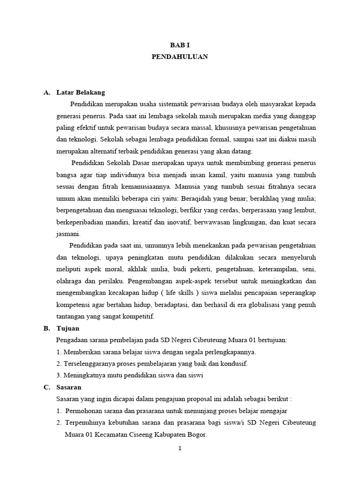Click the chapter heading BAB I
tap(180, 45)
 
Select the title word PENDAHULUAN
tap(180, 57)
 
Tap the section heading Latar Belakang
tap(80, 92)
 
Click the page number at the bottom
tap(180, 448)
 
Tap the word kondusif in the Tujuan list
tap(233, 364)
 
